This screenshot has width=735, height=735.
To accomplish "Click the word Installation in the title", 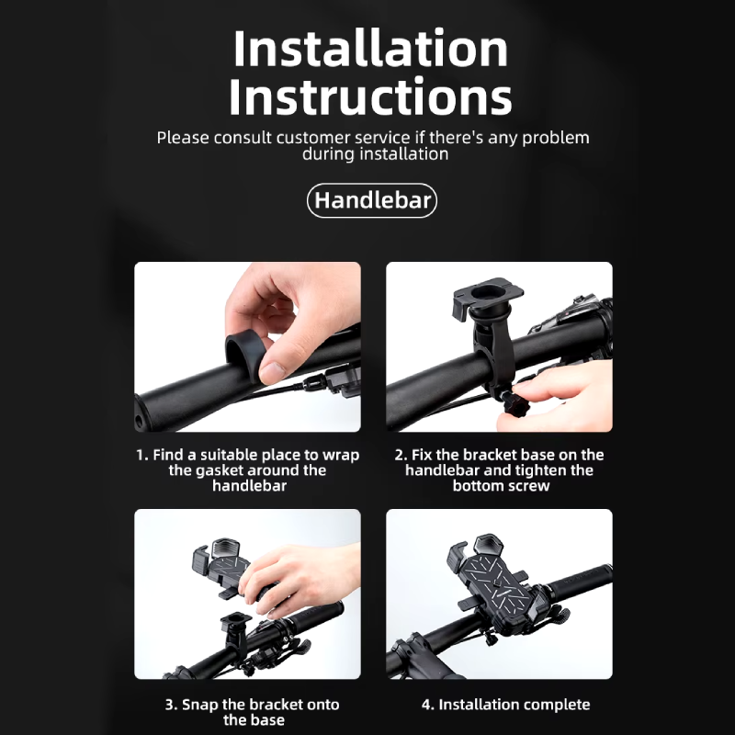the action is (371, 49).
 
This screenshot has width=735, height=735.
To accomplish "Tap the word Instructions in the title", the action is (371, 96).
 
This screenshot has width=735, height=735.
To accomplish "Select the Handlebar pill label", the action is (372, 200).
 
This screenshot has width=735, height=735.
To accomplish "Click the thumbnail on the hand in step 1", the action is (272, 372).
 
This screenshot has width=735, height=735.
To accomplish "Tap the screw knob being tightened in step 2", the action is (514, 403).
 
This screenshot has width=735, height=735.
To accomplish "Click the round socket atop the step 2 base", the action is (488, 294).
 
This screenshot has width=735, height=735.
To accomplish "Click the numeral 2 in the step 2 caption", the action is (400, 455).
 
